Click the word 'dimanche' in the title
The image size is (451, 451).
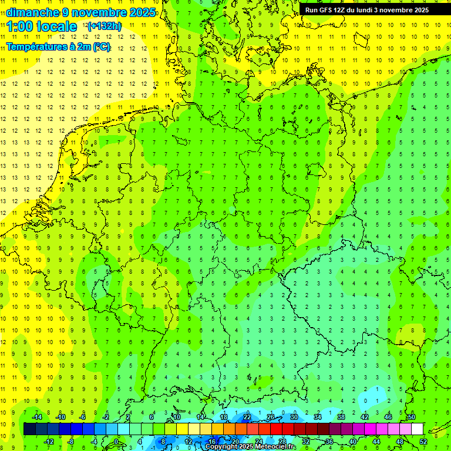32,12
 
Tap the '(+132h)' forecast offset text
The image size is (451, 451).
105,26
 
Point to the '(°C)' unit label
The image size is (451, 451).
100,46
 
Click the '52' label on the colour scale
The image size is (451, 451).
423,442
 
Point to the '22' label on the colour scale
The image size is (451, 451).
247,417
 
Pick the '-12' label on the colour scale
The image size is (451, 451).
49,442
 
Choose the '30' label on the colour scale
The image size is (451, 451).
294,417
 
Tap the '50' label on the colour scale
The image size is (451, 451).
411,417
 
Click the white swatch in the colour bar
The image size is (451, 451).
417,429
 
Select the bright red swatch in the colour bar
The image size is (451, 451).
276,429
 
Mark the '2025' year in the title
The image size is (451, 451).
142,12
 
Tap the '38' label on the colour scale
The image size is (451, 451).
341,417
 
